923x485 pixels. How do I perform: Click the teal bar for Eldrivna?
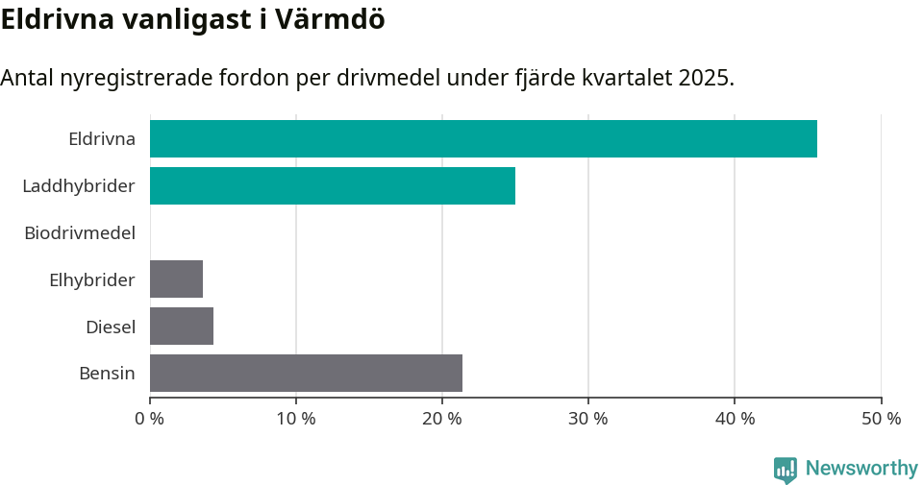[x=483, y=138]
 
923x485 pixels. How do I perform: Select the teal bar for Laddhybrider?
[x=333, y=185]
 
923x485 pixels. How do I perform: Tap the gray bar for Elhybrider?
[x=176, y=279]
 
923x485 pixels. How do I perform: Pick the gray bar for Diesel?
[x=182, y=327]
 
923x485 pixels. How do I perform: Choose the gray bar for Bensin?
[x=306, y=373]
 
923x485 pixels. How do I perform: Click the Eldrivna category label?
[x=101, y=138]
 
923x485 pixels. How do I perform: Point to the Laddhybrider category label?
[x=78, y=185]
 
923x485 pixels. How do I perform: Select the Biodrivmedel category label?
[x=79, y=232]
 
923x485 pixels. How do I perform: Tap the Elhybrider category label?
[x=91, y=279]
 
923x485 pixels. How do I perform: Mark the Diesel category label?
[x=110, y=327]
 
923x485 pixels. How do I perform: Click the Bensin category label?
[x=107, y=373]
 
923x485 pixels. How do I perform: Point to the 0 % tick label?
[x=150, y=419]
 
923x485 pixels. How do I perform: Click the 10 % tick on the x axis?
[x=296, y=419]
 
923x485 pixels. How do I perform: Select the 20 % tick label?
[x=442, y=419]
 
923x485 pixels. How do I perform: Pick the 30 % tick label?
[x=588, y=419]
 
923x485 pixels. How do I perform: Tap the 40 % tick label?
[x=735, y=419]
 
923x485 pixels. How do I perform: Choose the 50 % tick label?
[x=881, y=419]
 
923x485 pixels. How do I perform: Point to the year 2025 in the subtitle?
[x=705, y=78]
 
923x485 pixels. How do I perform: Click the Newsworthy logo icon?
[x=786, y=469]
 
